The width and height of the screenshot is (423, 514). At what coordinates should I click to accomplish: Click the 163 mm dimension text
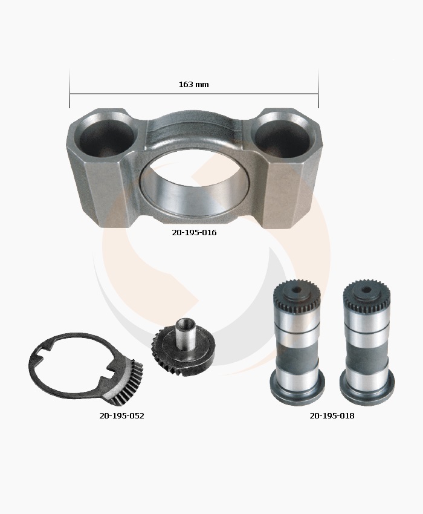[x=193, y=85]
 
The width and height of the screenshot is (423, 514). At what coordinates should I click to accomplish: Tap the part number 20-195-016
[x=194, y=232]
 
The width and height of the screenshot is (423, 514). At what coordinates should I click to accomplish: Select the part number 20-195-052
[x=121, y=415]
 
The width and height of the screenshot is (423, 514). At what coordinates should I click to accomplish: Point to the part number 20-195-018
[x=332, y=415]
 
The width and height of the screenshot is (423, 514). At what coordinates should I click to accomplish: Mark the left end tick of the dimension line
[x=69, y=88]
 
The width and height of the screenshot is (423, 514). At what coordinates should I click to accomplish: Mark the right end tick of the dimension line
[x=318, y=88]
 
